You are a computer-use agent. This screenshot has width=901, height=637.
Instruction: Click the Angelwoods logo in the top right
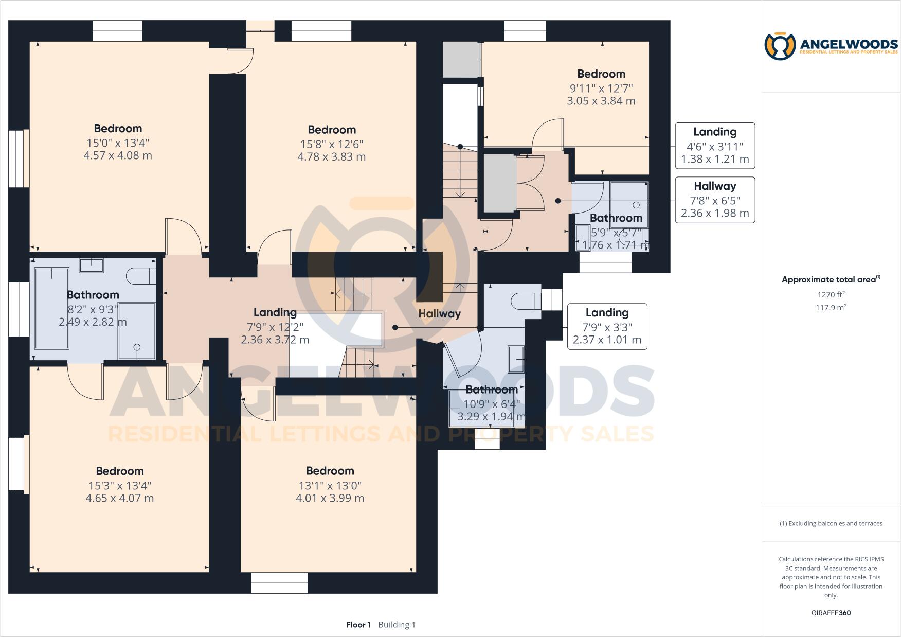pos(831,46)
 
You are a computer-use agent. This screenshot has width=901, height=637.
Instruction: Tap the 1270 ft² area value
pos(831,295)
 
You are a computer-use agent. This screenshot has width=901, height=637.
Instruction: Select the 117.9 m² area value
pos(831,308)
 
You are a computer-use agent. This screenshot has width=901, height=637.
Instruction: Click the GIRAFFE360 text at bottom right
pos(831,613)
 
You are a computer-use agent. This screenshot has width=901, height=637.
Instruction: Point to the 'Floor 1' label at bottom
pos(358,625)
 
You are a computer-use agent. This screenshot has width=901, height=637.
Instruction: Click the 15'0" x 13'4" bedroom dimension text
pos(118,143)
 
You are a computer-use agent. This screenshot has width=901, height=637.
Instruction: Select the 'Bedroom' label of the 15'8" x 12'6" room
pos(332,130)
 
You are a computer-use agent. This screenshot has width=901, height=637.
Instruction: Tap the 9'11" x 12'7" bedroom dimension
pos(601,88)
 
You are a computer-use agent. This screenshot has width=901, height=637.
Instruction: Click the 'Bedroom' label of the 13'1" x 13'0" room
pos(330,471)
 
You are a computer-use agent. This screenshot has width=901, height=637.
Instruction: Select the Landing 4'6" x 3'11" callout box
pos(715,146)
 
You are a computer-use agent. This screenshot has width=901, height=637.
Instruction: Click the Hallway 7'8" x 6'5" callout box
pos(715,200)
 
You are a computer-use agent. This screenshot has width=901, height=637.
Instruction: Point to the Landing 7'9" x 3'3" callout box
pos(607,327)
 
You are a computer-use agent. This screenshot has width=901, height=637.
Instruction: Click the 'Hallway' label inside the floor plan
pos(439,313)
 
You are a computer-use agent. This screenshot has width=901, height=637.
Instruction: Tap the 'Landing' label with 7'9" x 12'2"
pos(275,312)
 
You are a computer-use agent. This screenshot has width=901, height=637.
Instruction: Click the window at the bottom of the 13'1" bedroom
pos(279,582)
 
